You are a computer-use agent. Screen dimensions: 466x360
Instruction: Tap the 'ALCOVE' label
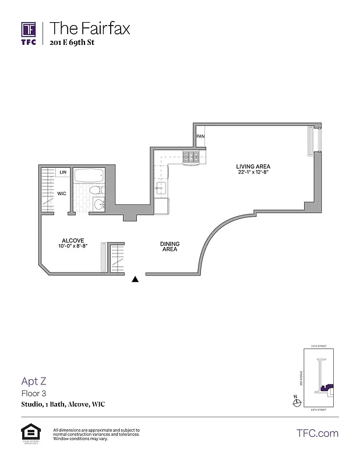pos(73,240)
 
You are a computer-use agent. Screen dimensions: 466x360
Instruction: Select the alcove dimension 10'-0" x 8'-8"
pos(73,247)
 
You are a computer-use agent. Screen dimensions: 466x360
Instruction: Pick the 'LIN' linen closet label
pos(62,172)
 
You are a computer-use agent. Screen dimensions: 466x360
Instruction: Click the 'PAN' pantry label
pos(200,136)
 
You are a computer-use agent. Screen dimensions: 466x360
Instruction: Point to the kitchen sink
pos(161,188)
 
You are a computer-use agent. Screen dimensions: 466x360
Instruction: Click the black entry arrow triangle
pos(136,280)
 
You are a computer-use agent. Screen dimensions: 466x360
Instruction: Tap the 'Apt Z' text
pos(34,382)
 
